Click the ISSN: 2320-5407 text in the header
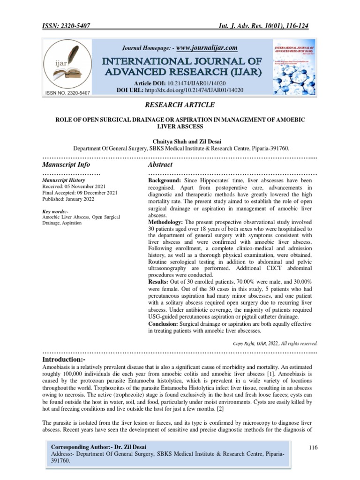(x=69, y=26)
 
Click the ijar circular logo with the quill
(x=67, y=66)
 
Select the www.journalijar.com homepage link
(x=207, y=48)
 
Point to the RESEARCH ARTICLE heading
(x=180, y=105)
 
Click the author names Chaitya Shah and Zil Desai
(x=180, y=141)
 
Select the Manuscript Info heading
(x=66, y=165)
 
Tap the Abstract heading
(x=160, y=165)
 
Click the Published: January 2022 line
(x=68, y=199)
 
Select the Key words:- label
(x=55, y=212)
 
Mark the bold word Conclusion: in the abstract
(x=165, y=323)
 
